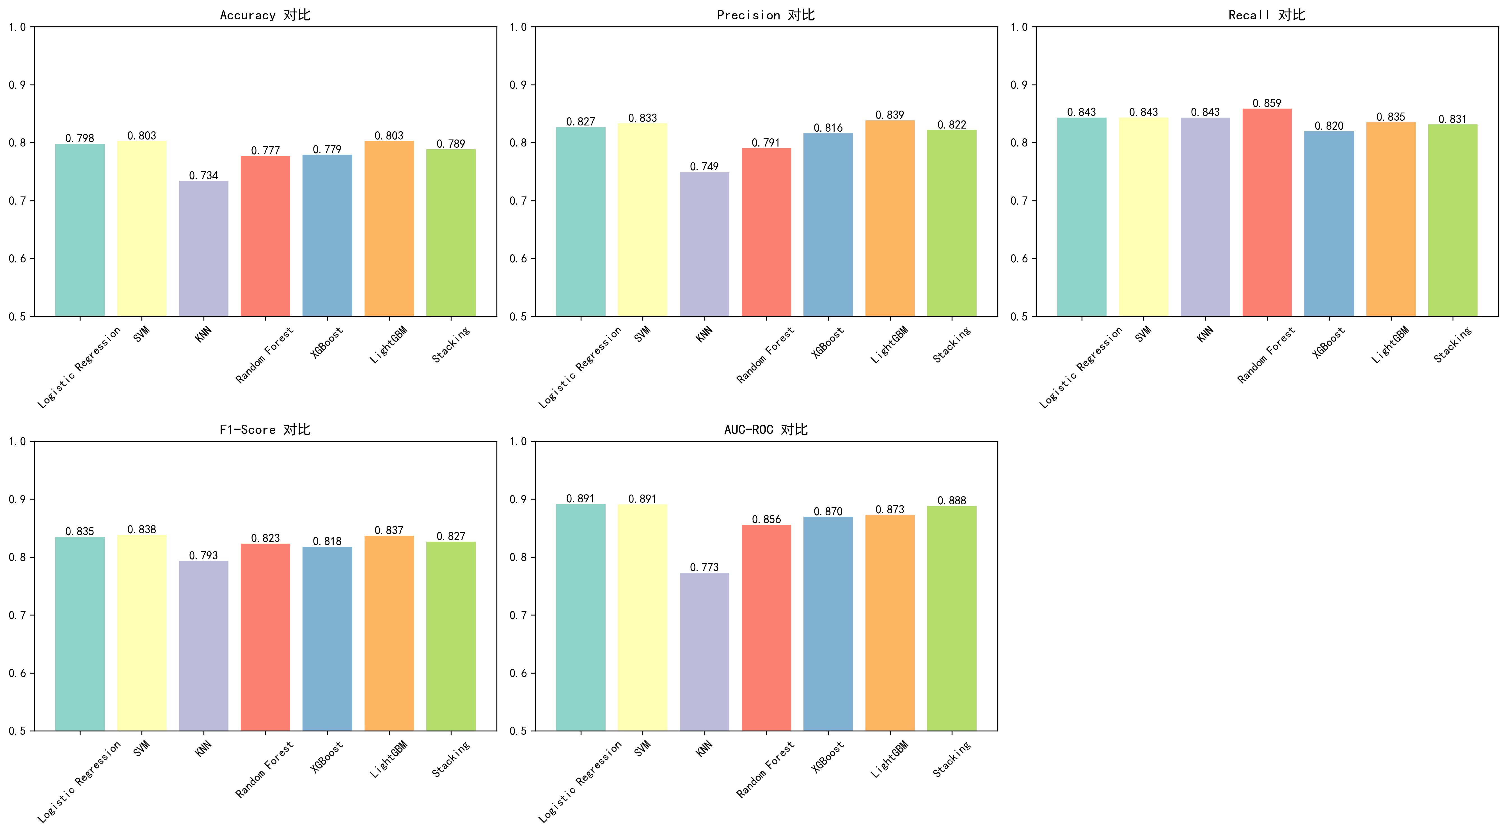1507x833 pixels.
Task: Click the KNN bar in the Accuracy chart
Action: point(203,249)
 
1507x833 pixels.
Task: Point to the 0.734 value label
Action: point(203,175)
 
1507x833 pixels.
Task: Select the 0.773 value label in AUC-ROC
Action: point(704,567)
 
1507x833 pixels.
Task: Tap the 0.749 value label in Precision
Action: point(704,167)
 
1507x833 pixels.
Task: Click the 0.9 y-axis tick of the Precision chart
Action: point(518,85)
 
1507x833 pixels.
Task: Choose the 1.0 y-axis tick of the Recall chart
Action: point(1019,27)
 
